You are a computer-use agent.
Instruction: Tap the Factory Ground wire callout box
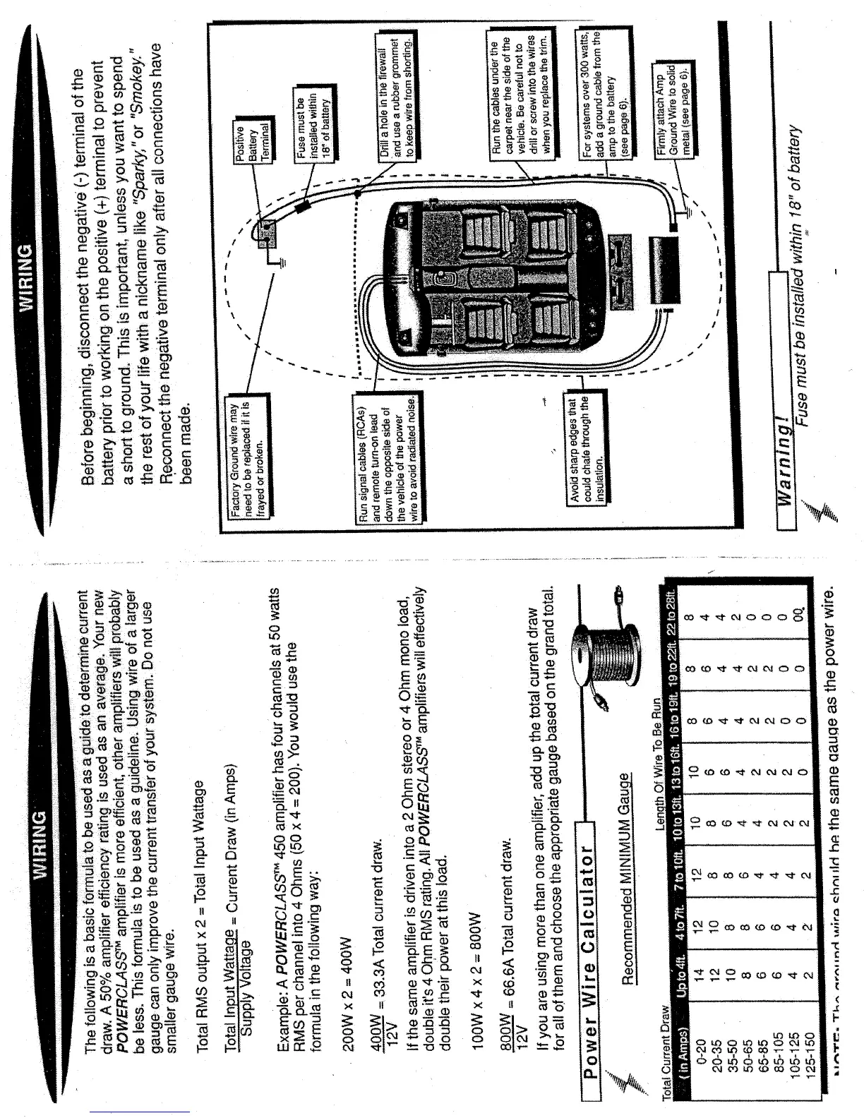coord(246,451)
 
